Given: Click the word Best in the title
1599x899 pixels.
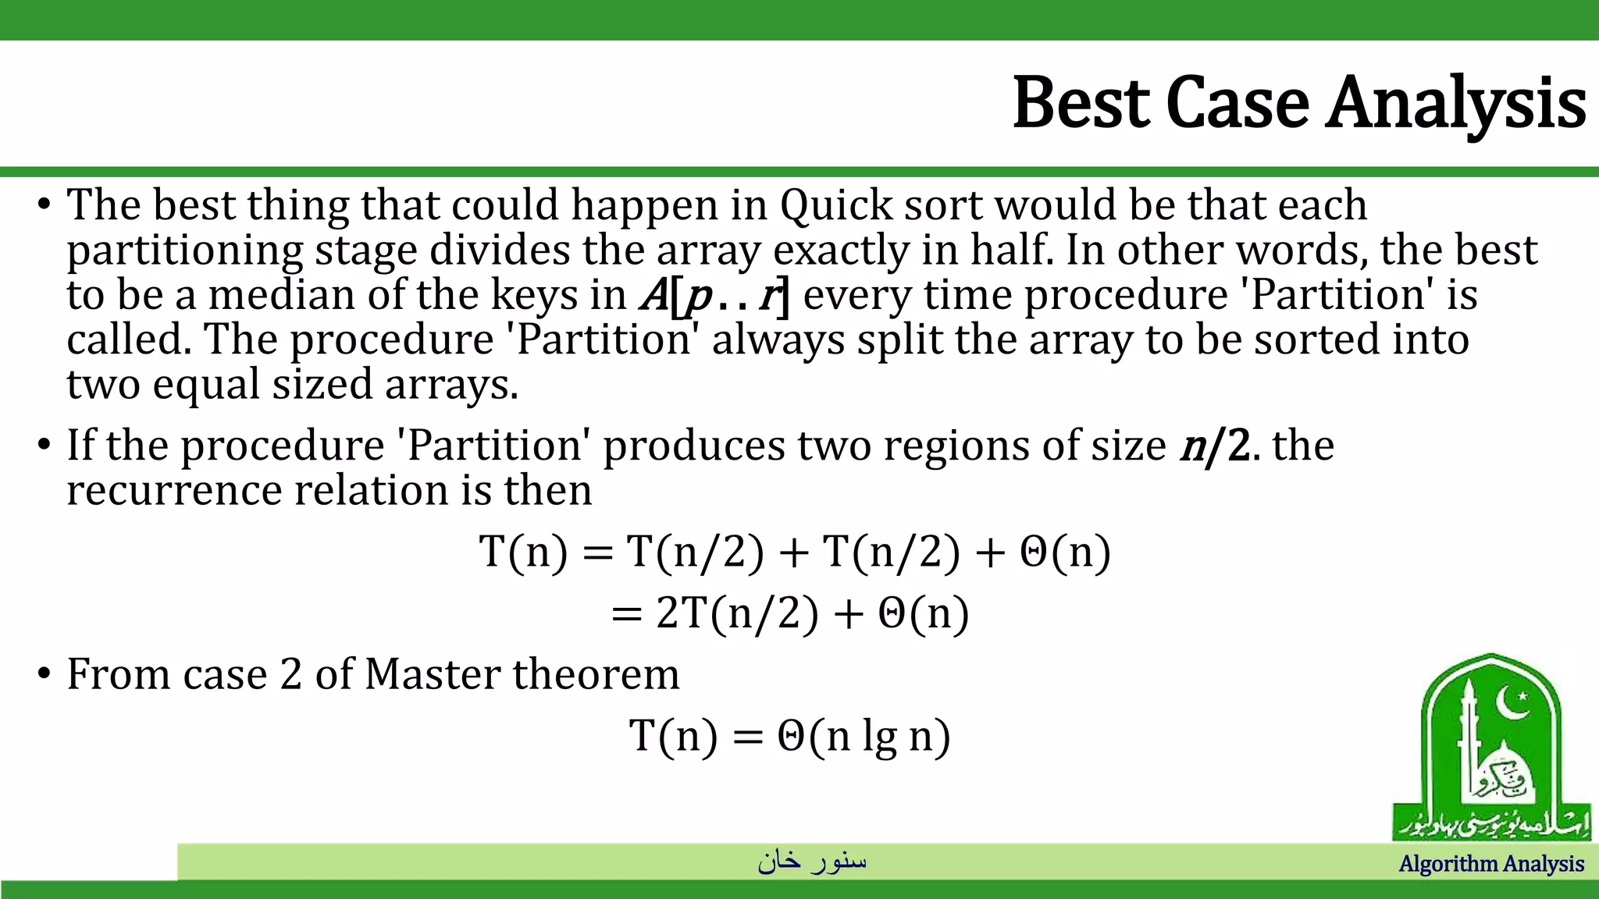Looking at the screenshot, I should click(x=1081, y=103).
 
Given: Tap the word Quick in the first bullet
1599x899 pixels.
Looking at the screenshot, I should click(x=836, y=205).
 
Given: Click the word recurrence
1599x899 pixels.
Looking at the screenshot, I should click(x=173, y=491).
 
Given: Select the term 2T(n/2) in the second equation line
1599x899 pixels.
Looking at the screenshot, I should click(x=737, y=613).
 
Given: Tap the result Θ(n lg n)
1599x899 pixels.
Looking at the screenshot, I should click(x=864, y=735).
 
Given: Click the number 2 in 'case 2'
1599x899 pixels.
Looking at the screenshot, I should click(x=290, y=674).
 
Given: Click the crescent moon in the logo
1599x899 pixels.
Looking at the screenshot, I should click(x=1512, y=704).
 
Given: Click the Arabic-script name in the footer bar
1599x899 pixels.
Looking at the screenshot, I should click(x=812, y=861).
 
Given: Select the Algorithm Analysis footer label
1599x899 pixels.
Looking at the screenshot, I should click(x=1491, y=864).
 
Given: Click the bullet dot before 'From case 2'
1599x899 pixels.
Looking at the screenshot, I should click(x=44, y=673).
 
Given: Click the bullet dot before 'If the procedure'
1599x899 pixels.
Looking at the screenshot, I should click(x=44, y=446).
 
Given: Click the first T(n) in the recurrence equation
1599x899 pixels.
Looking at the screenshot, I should click(x=523, y=552).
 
